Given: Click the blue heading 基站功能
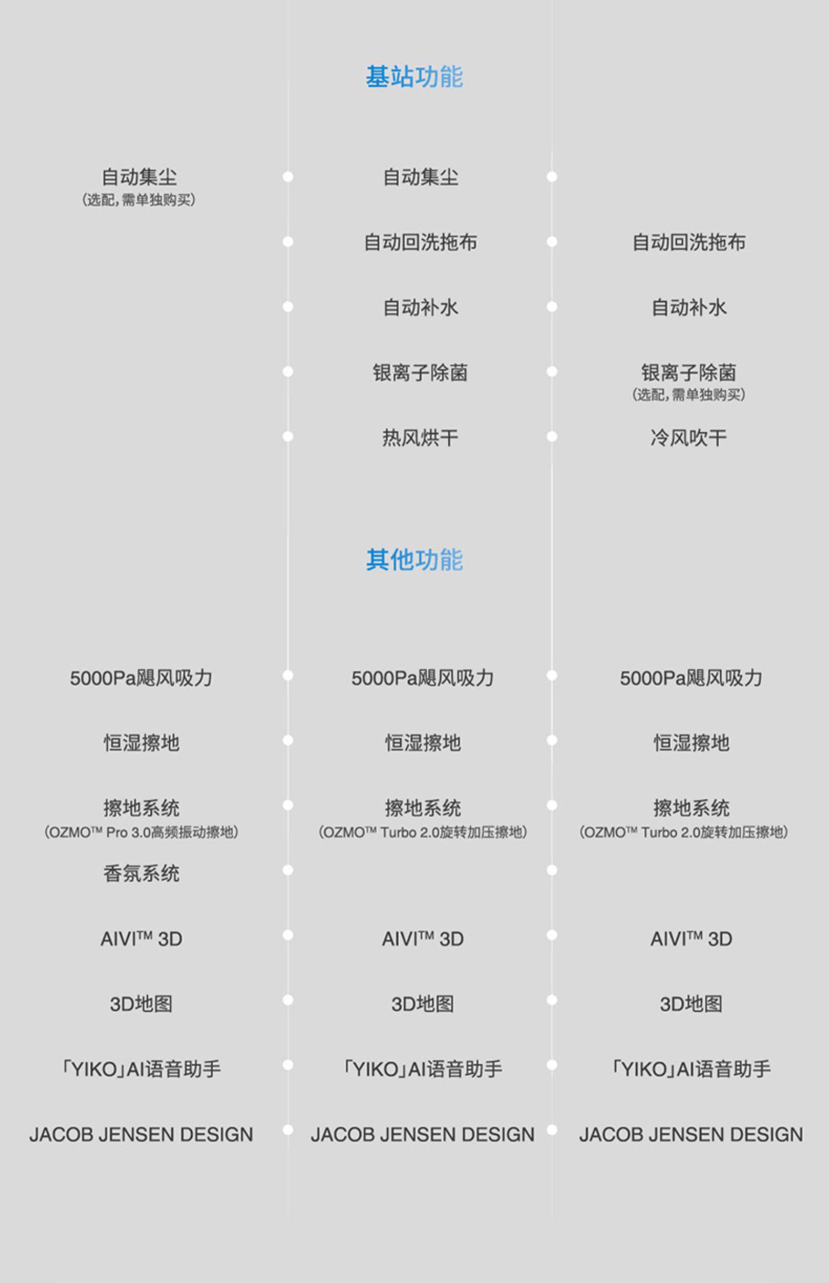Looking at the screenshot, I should [x=414, y=76].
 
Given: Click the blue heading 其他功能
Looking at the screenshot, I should [x=414, y=560].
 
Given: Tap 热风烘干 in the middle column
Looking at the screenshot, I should [x=420, y=438].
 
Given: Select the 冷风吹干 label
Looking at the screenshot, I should [x=689, y=438].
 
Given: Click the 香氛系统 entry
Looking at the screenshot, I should [x=141, y=873].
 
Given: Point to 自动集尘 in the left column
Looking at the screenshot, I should [x=139, y=177].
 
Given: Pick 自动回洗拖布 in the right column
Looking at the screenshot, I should [x=689, y=242].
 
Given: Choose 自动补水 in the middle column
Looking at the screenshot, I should [x=420, y=307].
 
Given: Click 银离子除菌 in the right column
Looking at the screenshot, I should [x=689, y=372].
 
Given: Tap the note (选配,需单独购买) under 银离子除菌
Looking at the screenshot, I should [x=689, y=395].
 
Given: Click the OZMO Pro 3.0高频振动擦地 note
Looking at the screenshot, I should [x=141, y=832].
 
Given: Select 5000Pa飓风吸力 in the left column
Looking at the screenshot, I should [x=141, y=678].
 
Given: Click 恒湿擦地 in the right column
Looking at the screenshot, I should [x=691, y=743].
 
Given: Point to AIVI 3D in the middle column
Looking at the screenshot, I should [x=423, y=939].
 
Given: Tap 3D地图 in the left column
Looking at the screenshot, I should [x=141, y=1004].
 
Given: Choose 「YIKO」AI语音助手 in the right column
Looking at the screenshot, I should [x=691, y=1069].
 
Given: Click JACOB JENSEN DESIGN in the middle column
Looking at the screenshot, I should [x=423, y=1134].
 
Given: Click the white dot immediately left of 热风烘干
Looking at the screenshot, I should [x=288, y=437].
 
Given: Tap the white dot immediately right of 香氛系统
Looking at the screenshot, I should [x=288, y=870].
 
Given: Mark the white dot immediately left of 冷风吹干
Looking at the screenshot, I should [x=552, y=437].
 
